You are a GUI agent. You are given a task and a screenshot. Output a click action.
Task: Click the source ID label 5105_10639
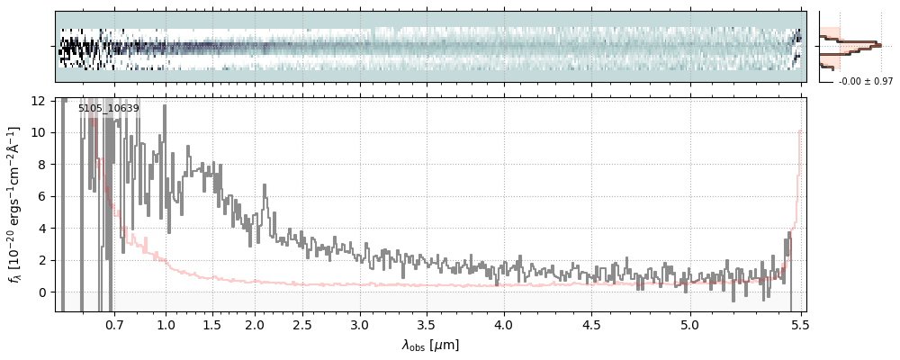108,109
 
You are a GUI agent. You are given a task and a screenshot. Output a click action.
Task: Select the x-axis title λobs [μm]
430,345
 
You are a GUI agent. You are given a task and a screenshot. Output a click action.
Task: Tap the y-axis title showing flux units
15,205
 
